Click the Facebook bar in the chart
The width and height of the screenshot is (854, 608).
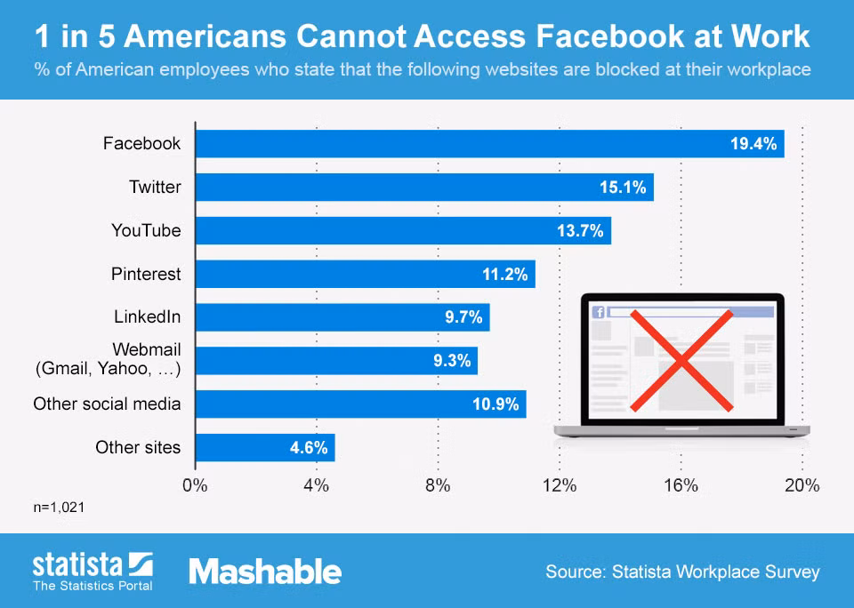point(489,144)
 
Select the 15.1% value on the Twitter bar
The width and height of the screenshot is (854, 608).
point(623,188)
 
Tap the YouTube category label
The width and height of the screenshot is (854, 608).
point(146,231)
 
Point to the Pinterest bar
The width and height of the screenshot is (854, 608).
point(366,274)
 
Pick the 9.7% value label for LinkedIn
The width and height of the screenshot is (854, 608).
point(463,317)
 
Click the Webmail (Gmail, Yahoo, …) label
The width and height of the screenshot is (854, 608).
point(108,359)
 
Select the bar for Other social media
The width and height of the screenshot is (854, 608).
point(360,404)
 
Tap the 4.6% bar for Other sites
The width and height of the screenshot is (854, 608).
point(265,447)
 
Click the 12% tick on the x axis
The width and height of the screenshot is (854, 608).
point(560,485)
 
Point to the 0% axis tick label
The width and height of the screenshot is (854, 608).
point(195,485)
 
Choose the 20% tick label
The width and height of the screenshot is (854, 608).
point(802,485)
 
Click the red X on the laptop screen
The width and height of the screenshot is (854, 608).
point(681,360)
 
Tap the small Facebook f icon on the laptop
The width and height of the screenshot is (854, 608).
point(599,312)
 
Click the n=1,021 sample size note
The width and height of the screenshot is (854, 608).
point(59,508)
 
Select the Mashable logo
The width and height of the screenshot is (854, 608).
point(265,572)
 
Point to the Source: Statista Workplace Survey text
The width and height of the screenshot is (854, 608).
point(682,572)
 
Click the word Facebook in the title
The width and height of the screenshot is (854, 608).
point(610,36)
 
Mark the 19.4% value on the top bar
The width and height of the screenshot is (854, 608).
point(753,144)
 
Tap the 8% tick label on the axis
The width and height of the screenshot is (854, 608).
point(438,485)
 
